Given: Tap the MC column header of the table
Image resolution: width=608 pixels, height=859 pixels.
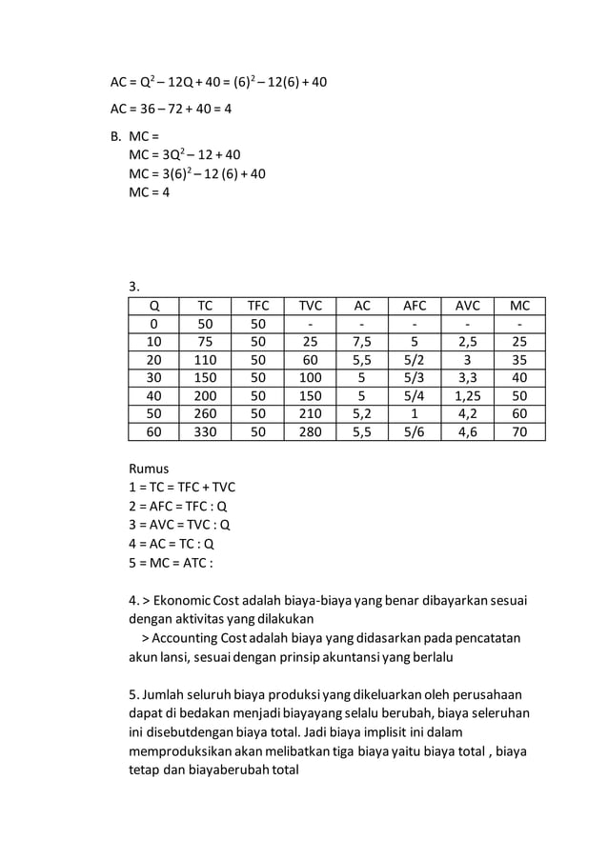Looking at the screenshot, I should [x=519, y=307].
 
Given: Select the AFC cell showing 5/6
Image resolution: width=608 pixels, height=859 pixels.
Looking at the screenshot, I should [x=415, y=431].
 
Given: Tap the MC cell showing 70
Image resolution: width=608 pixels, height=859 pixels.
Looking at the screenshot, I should [x=519, y=431].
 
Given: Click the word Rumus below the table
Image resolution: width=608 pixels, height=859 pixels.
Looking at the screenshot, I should [x=150, y=469].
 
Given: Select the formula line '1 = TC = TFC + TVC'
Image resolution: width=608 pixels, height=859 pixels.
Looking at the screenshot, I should [x=182, y=487].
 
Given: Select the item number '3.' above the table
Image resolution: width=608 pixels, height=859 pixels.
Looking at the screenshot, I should [x=134, y=286].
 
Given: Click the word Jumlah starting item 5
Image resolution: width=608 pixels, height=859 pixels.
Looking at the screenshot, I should [x=166, y=693].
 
